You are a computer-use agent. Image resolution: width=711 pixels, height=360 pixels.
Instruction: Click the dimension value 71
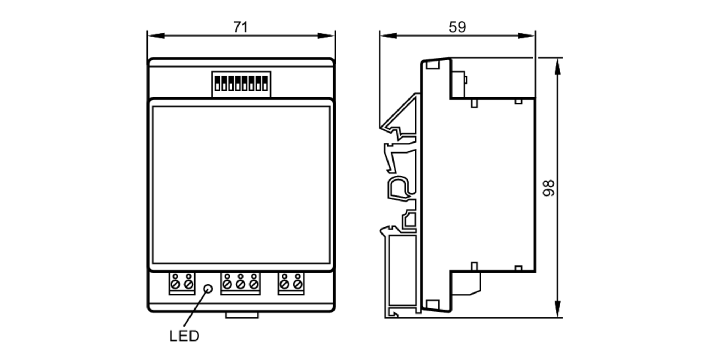(x=240, y=27)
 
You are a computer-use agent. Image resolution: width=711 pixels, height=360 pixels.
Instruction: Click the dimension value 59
(x=457, y=27)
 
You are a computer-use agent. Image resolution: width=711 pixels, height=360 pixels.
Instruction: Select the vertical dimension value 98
(x=549, y=188)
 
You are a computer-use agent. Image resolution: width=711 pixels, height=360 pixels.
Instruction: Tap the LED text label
(x=184, y=336)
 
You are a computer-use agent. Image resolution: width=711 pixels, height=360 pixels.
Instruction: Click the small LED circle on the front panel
(x=208, y=289)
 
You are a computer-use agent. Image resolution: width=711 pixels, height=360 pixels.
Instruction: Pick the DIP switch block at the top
(x=241, y=84)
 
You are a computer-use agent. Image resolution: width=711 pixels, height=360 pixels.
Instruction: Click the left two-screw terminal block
(x=182, y=284)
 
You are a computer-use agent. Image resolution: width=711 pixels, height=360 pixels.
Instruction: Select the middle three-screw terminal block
(x=240, y=284)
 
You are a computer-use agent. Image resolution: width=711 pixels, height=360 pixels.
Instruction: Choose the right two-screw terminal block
(x=291, y=284)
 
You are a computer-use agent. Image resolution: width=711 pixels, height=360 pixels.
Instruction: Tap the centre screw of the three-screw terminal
(x=240, y=284)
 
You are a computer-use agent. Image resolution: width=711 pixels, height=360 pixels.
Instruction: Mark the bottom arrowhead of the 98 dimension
(x=557, y=309)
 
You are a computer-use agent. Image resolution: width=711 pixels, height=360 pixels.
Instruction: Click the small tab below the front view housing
(x=242, y=315)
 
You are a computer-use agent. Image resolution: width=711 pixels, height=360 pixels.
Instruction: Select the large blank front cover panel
(x=241, y=185)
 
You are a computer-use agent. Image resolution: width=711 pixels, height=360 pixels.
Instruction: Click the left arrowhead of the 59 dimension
(x=388, y=36)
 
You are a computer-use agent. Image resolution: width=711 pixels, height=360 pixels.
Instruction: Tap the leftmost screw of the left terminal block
(x=175, y=284)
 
